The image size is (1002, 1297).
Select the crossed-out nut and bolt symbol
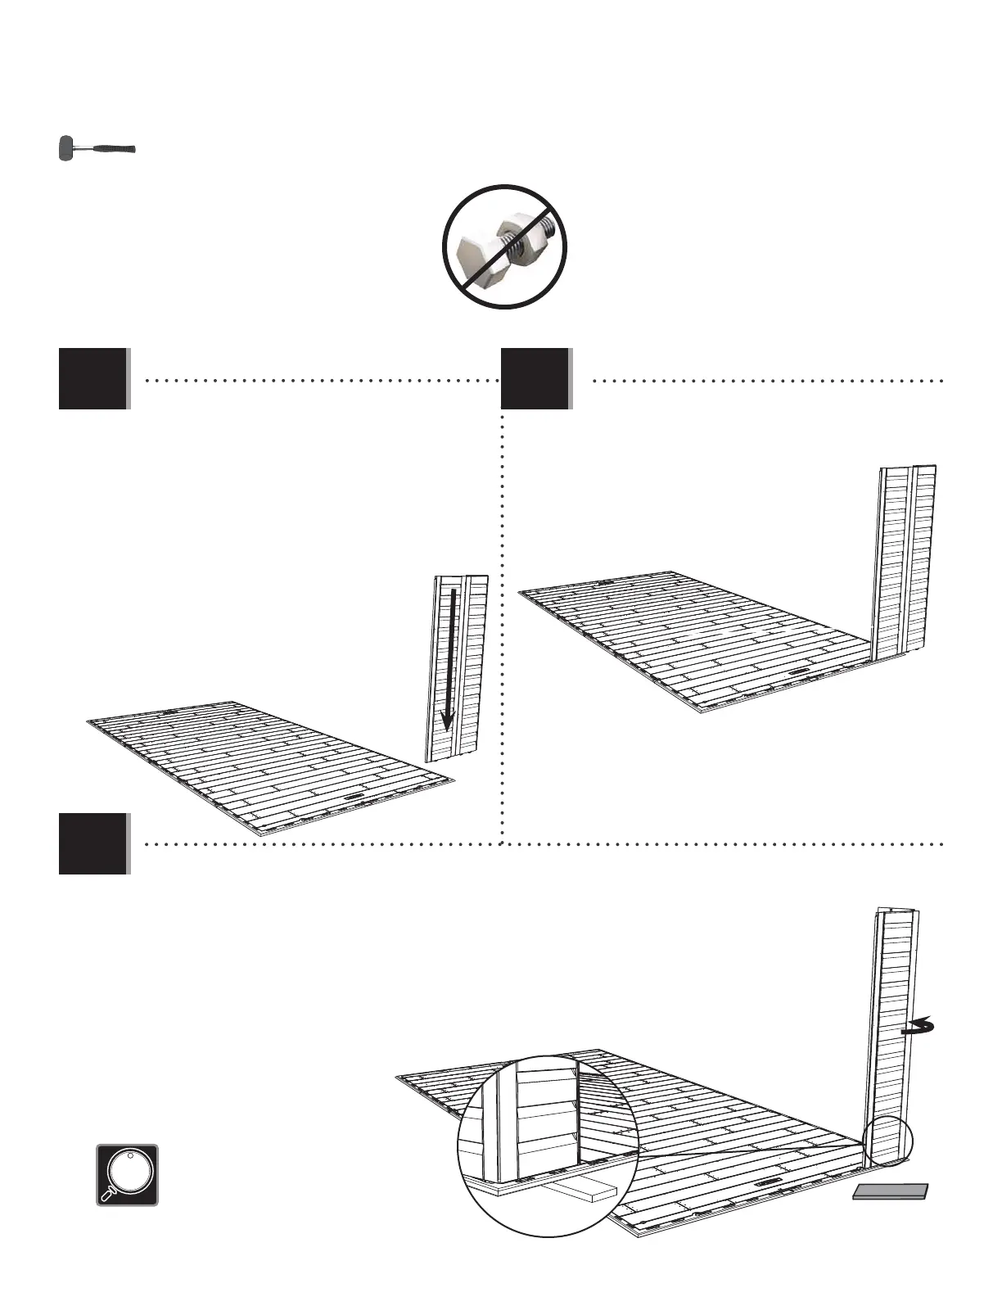(x=505, y=246)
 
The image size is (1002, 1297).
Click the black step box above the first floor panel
(x=93, y=378)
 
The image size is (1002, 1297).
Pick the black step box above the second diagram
(x=535, y=378)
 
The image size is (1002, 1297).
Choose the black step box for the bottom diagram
(x=93, y=843)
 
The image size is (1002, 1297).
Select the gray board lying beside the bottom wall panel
(x=891, y=1191)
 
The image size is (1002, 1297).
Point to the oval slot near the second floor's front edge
(x=797, y=671)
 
